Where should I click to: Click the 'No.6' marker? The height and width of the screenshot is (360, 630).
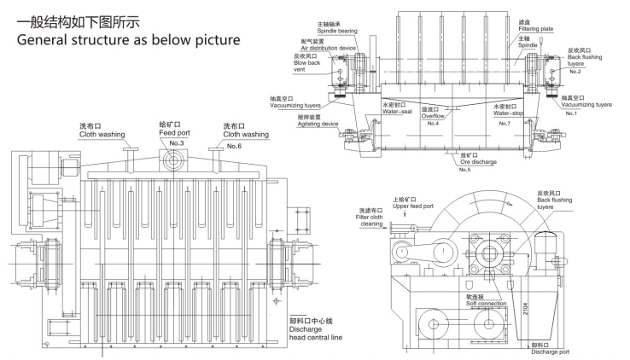pos(233,146)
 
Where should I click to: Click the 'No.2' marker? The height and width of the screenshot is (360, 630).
pos(575,71)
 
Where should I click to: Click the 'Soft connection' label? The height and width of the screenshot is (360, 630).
pos(459,304)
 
